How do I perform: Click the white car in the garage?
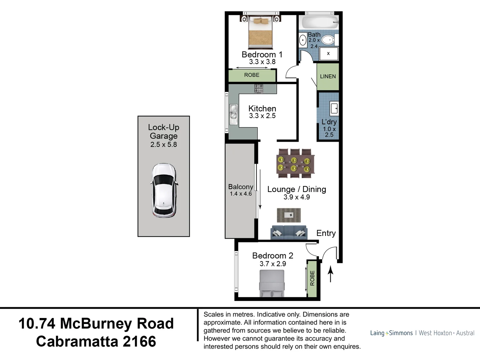[x=164, y=190]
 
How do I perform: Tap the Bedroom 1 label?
[x=262, y=54]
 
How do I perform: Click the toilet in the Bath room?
[x=328, y=40]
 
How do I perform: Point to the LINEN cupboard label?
[x=328, y=76]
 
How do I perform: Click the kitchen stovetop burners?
[x=259, y=88]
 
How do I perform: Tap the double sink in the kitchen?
[x=233, y=112]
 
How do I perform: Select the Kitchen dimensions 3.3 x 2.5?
[x=262, y=116]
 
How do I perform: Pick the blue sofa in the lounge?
[x=289, y=232]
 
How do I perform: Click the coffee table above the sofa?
[x=289, y=215]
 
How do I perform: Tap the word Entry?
[x=326, y=233]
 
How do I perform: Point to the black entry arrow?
[x=330, y=274]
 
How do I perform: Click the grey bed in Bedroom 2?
[x=272, y=283]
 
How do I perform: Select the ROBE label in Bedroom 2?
[x=312, y=278]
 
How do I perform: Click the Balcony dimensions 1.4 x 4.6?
[x=241, y=194]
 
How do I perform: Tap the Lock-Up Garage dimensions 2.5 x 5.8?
[x=164, y=145]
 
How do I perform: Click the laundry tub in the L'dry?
[x=334, y=108]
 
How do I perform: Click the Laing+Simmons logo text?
[x=391, y=333]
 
